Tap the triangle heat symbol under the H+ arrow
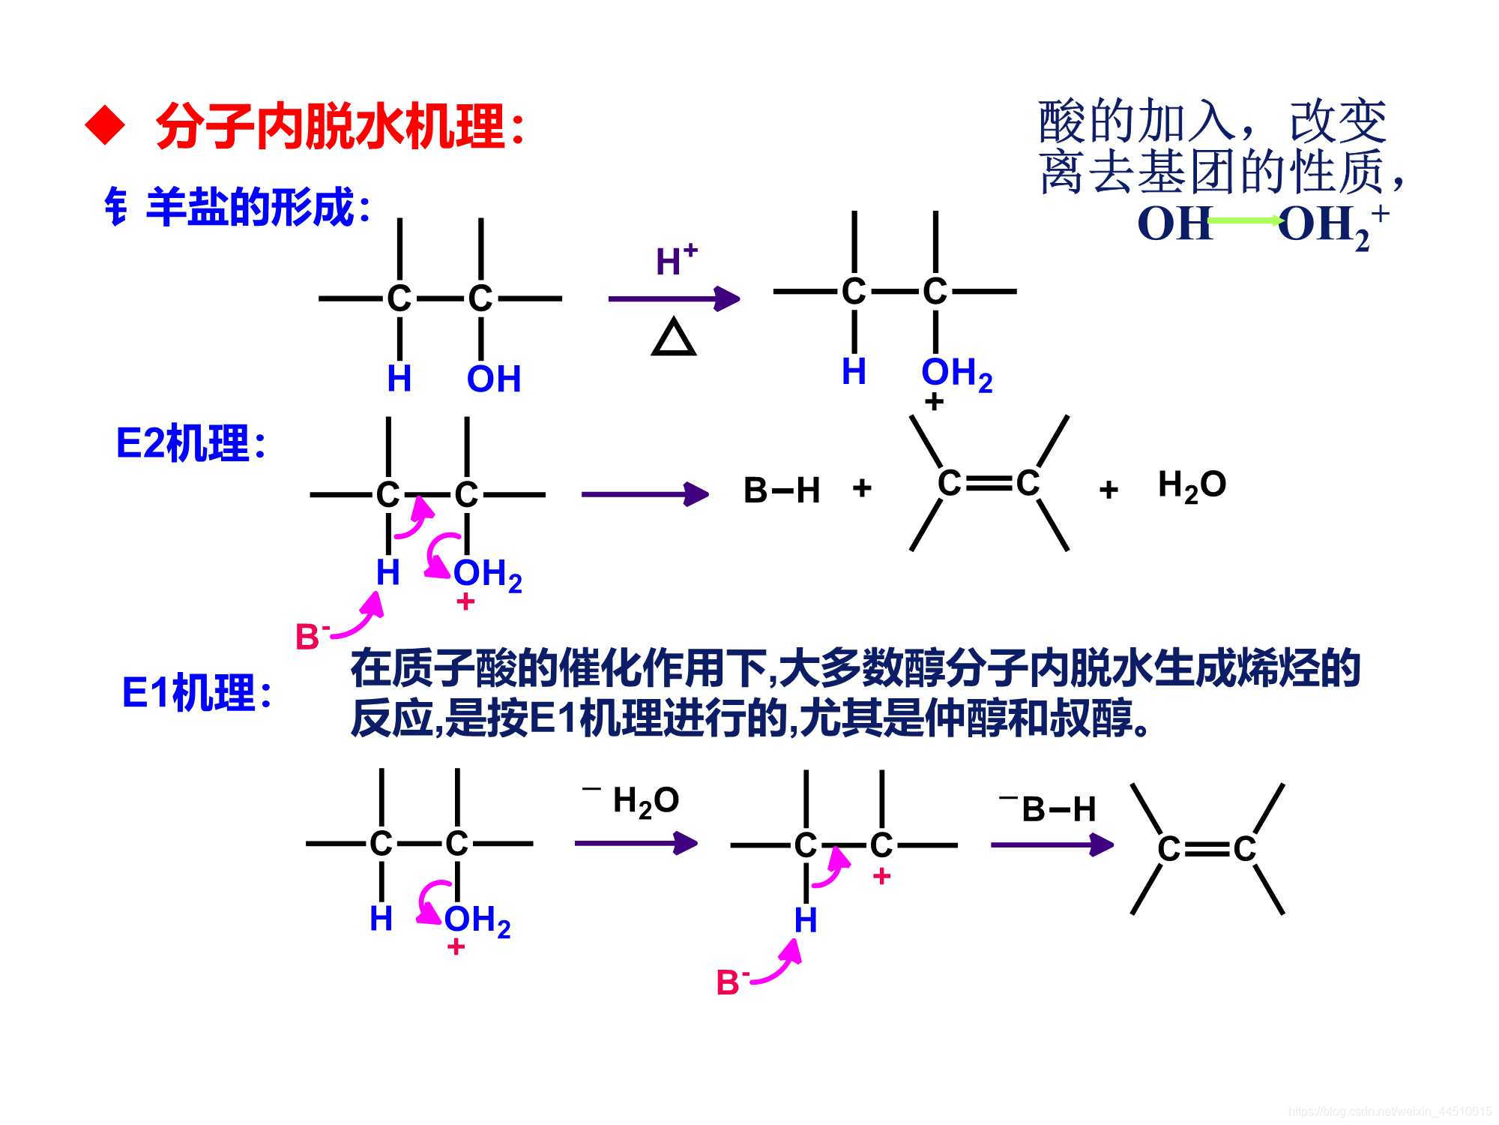674,339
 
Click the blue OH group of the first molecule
493,379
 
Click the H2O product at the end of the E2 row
1192,485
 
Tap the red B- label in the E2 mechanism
312,637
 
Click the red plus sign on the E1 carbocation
881,875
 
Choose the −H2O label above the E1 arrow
633,800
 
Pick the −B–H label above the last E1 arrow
1049,808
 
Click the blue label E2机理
190,443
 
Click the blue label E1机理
196,692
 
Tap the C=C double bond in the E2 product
989,484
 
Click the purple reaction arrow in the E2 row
644,493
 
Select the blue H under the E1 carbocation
805,920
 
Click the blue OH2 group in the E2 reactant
487,574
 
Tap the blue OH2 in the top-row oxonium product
956,373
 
